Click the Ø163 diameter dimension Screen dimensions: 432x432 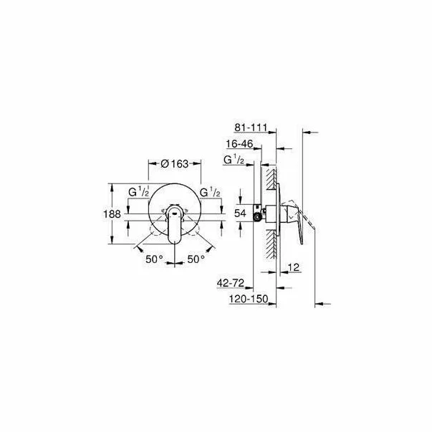(x=173, y=164)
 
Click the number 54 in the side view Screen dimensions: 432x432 (x=240, y=213)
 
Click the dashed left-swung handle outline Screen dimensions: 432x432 (x=156, y=236)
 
